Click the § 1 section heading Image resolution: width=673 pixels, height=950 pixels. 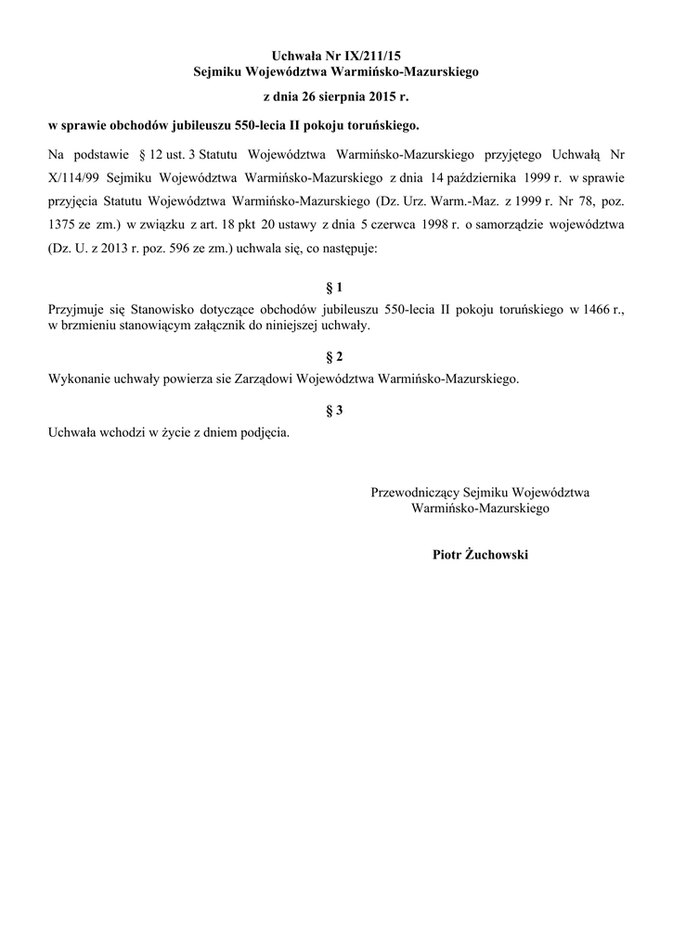coord(335,288)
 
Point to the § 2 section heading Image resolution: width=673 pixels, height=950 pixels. coord(335,357)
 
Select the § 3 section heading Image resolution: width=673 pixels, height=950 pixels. coord(335,411)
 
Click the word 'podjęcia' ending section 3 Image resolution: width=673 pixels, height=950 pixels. coord(265,433)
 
